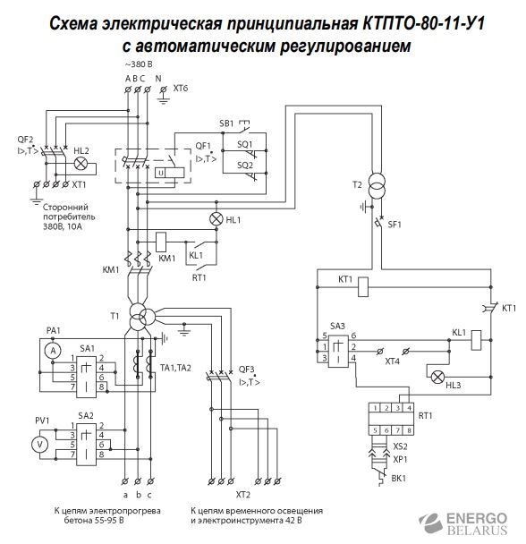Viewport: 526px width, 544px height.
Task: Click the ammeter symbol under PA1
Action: pos(53,352)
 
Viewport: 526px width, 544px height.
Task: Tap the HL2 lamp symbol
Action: pos(81,165)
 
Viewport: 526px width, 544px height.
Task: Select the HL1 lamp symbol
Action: pos(215,219)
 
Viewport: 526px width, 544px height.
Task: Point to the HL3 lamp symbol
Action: pos(438,376)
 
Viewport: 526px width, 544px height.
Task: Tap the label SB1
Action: pos(226,123)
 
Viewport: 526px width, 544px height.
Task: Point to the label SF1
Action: pos(394,224)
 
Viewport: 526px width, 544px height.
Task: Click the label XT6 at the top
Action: pos(181,89)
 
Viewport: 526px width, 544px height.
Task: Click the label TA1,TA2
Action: pos(175,368)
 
